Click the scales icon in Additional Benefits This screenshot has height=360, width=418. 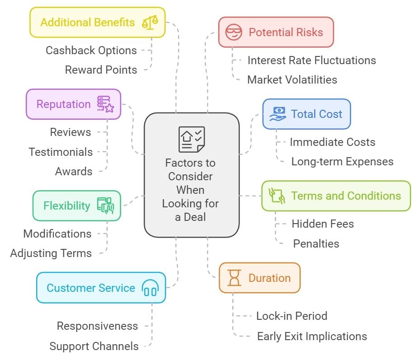pos(150,22)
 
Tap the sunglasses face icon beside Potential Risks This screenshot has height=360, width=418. pos(234,32)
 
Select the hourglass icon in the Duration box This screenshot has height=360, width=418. pos(235,278)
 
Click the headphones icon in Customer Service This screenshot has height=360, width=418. pos(150,288)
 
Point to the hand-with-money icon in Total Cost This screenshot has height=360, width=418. pos(277,114)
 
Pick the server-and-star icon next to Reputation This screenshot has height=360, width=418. pos(106,104)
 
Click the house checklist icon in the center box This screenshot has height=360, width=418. pos(192,140)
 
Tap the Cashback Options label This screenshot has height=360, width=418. pos(91,50)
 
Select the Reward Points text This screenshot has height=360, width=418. pos(101,70)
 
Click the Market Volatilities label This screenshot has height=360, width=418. pos(292,79)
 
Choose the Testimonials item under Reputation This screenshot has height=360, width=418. pos(61,152)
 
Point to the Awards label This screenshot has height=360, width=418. pos(74,171)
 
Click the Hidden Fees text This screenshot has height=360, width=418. pos(323,224)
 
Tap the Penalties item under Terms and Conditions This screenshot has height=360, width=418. pos(316,243)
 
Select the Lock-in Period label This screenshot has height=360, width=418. pos(291,316)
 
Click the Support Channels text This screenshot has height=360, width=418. pos(94,346)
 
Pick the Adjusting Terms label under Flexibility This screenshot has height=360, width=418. pos(51,253)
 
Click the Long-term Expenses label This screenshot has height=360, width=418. pos(342,161)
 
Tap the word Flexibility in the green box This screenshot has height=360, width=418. pos(67,206)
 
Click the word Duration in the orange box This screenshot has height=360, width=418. pos(269,278)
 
